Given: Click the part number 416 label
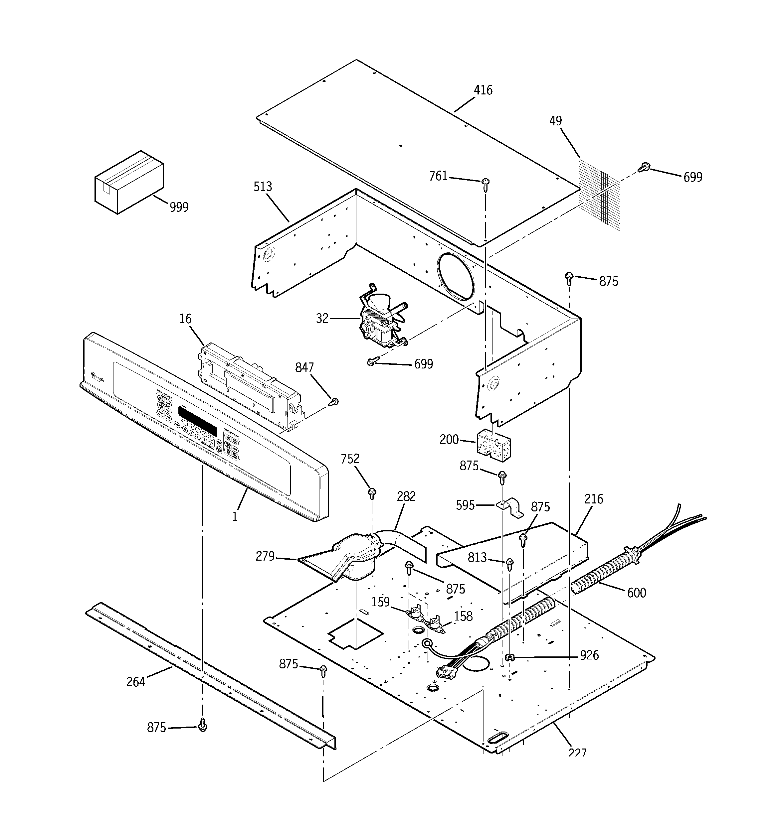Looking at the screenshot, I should (483, 90).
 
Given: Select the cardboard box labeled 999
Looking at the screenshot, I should (129, 182).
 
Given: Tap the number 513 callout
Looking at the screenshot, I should (263, 187).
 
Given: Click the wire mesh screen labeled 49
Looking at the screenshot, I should (599, 195).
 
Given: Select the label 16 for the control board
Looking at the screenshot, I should (186, 319).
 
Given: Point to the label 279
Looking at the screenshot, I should (265, 556).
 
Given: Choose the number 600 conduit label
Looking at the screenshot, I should (637, 593).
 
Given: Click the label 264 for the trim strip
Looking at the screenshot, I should (136, 681).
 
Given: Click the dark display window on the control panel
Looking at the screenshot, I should (198, 421).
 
